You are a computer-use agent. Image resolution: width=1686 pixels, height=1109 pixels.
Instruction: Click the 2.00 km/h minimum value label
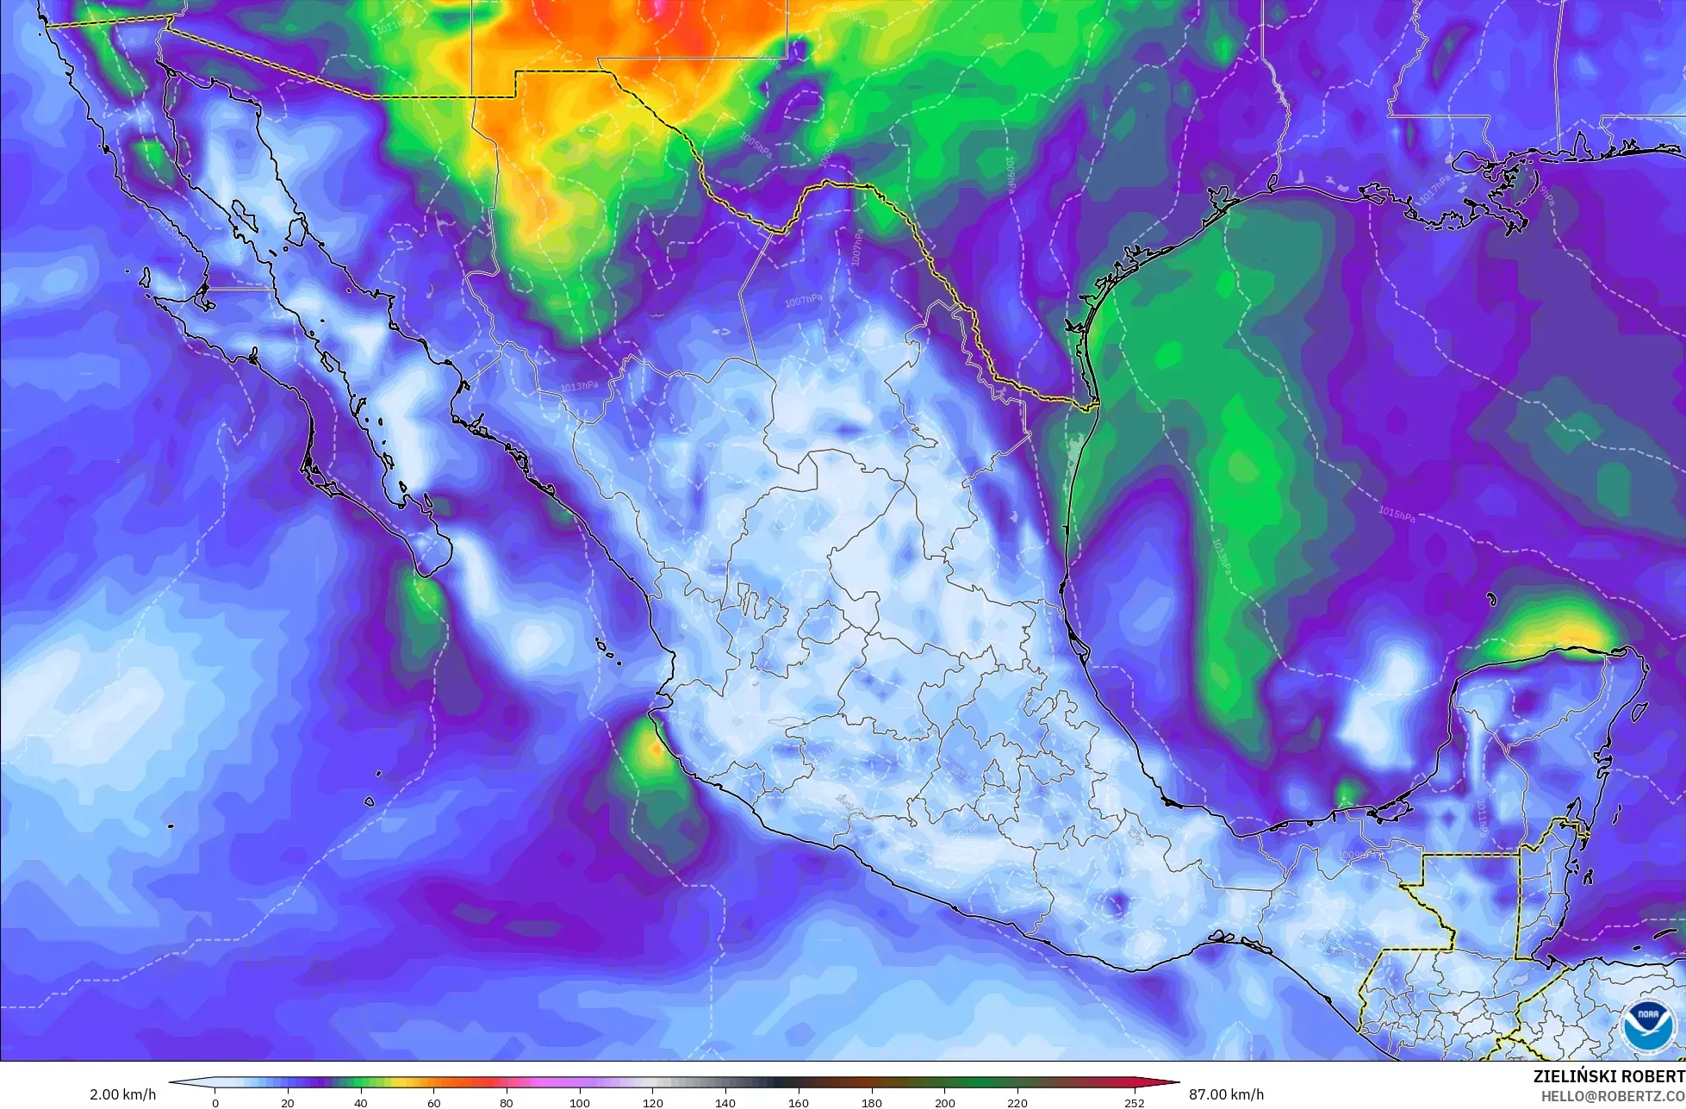click(x=123, y=1094)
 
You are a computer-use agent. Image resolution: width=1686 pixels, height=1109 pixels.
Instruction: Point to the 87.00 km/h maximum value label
click(x=1227, y=1094)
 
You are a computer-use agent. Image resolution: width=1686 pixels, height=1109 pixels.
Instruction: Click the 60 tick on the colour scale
click(x=433, y=1102)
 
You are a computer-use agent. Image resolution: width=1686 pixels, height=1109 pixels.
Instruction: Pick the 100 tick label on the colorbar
click(x=579, y=1102)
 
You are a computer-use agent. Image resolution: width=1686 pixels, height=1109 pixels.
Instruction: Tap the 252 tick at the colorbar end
click(x=1134, y=1102)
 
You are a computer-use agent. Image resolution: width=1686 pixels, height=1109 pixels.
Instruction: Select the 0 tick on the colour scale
click(x=215, y=1102)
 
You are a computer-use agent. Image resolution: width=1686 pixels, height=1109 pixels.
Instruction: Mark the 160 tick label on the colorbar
click(x=798, y=1102)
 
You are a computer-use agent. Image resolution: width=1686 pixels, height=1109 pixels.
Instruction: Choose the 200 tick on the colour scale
click(x=944, y=1102)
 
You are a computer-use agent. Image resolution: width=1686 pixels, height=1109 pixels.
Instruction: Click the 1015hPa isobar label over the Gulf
click(x=1397, y=514)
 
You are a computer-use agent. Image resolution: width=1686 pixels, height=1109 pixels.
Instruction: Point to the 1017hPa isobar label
click(x=1435, y=189)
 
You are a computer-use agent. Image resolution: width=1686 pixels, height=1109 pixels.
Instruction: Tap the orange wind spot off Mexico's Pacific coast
click(x=655, y=750)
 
